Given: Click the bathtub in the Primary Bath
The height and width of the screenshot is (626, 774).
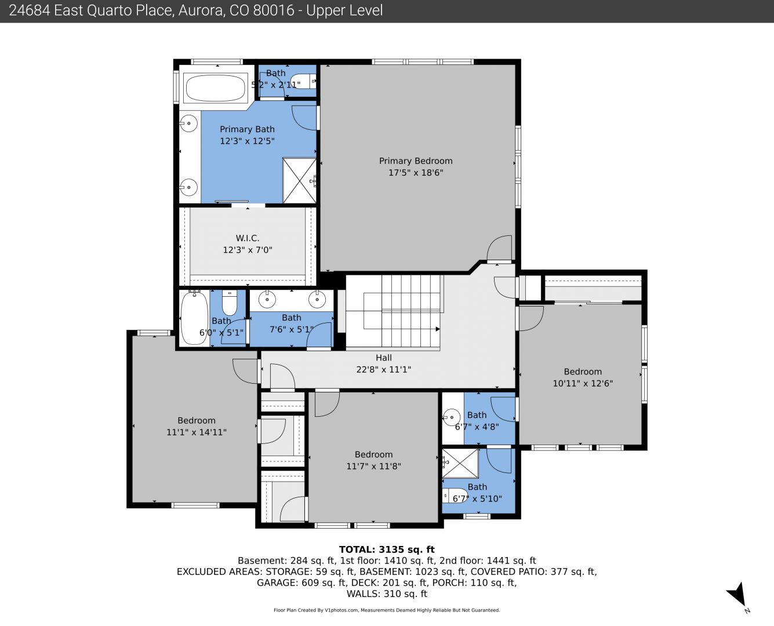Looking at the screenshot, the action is [x=216, y=88].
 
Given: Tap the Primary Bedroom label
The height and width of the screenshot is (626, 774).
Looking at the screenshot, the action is [x=416, y=161].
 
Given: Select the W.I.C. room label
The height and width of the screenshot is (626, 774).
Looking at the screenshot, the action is [x=248, y=238].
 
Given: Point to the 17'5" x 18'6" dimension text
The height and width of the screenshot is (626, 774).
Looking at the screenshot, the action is [x=416, y=173].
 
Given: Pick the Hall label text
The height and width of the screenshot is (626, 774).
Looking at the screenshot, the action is [x=384, y=358].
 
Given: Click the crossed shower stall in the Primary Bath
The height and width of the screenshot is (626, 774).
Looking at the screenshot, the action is [x=299, y=181].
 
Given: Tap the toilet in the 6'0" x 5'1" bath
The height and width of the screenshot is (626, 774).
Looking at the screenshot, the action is [x=229, y=303].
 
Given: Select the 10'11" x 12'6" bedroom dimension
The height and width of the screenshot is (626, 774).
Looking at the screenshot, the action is [x=583, y=383].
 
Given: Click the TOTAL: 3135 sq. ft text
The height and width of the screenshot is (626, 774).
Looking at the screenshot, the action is [x=387, y=549].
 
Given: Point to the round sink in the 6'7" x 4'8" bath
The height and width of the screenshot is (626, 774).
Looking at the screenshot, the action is [x=452, y=418].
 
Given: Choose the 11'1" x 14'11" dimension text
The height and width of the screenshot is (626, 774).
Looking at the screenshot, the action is [x=197, y=432].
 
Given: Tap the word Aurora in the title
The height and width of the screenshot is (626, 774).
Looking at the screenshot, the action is [x=201, y=10].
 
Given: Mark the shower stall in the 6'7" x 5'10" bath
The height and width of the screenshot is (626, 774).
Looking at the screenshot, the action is [x=460, y=463].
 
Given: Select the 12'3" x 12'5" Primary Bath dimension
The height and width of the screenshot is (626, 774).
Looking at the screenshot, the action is [x=247, y=141].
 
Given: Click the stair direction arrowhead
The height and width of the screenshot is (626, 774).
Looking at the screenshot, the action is [x=438, y=329].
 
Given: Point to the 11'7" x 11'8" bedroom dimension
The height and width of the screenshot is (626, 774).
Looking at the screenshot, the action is [x=373, y=466].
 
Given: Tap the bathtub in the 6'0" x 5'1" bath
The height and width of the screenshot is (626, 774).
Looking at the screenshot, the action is [x=194, y=318].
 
